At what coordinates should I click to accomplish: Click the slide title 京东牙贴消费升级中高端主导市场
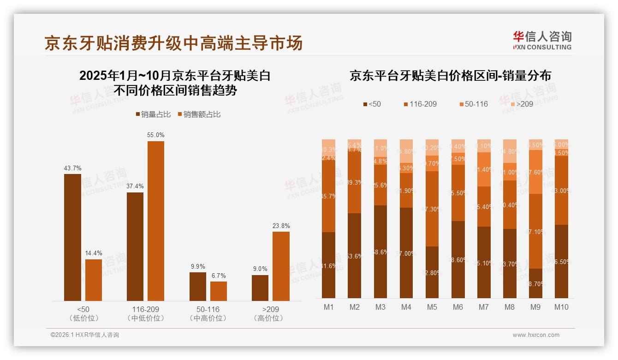pyautogui.click(x=173, y=43)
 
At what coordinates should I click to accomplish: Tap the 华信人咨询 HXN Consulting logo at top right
pyautogui.click(x=542, y=40)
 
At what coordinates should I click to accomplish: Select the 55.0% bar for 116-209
pyautogui.click(x=156, y=221)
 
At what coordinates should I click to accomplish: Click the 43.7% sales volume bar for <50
pyautogui.click(x=72, y=237)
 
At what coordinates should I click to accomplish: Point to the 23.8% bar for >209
pyautogui.click(x=281, y=266)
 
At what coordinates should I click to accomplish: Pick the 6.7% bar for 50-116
pyautogui.click(x=219, y=291)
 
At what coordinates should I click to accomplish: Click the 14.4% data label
pyautogui.click(x=94, y=253)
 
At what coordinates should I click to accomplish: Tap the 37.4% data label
pyautogui.click(x=135, y=186)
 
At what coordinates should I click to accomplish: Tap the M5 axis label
pyautogui.click(x=432, y=307)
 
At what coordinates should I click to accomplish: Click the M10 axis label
pyautogui.click(x=561, y=307)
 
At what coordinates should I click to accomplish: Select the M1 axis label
pyautogui.click(x=329, y=307)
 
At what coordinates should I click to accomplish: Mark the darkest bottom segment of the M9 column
pyautogui.click(x=535, y=283)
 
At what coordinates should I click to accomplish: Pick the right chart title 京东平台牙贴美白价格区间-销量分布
pyautogui.click(x=450, y=76)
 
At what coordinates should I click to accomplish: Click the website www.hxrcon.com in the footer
pyautogui.click(x=536, y=335)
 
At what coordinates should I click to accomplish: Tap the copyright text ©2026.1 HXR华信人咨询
pyautogui.click(x=85, y=335)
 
